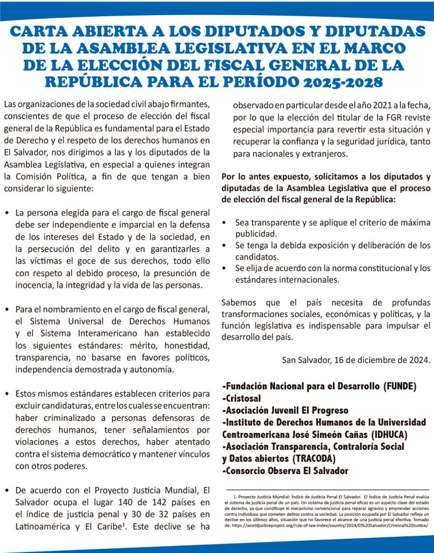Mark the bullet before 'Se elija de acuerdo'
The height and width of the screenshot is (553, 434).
[x=225, y=268]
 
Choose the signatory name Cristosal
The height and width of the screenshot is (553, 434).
[x=244, y=399]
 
